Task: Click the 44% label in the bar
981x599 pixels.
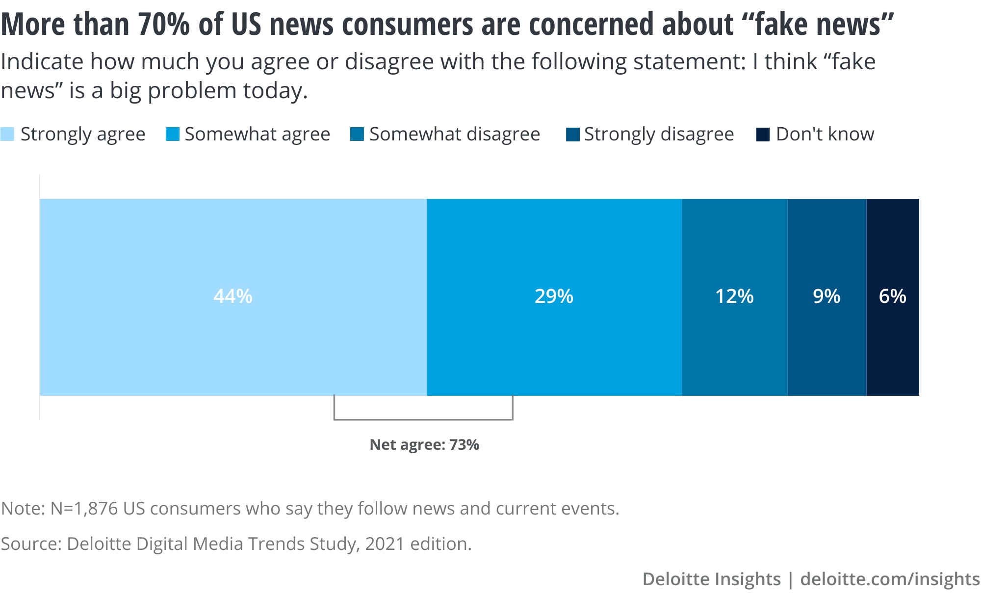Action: pyautogui.click(x=233, y=296)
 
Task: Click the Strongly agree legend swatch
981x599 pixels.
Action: pyautogui.click(x=7, y=134)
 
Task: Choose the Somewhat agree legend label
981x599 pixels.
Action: pyautogui.click(x=257, y=134)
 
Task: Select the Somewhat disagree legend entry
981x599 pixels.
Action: pyautogui.click(x=454, y=134)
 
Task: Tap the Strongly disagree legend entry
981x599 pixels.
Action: pyautogui.click(x=658, y=134)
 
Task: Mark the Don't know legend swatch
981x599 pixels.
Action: pyautogui.click(x=763, y=134)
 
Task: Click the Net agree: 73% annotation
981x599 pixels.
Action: pyautogui.click(x=424, y=444)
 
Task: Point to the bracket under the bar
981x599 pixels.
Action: pyautogui.click(x=423, y=419)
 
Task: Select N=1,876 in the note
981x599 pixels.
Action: pyautogui.click(x=84, y=508)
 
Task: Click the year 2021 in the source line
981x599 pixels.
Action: pyautogui.click(x=385, y=544)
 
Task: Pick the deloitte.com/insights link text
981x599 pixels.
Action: pyautogui.click(x=890, y=579)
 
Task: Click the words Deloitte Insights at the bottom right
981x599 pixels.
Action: pyautogui.click(x=711, y=579)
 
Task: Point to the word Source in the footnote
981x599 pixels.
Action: pyautogui.click(x=30, y=544)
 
